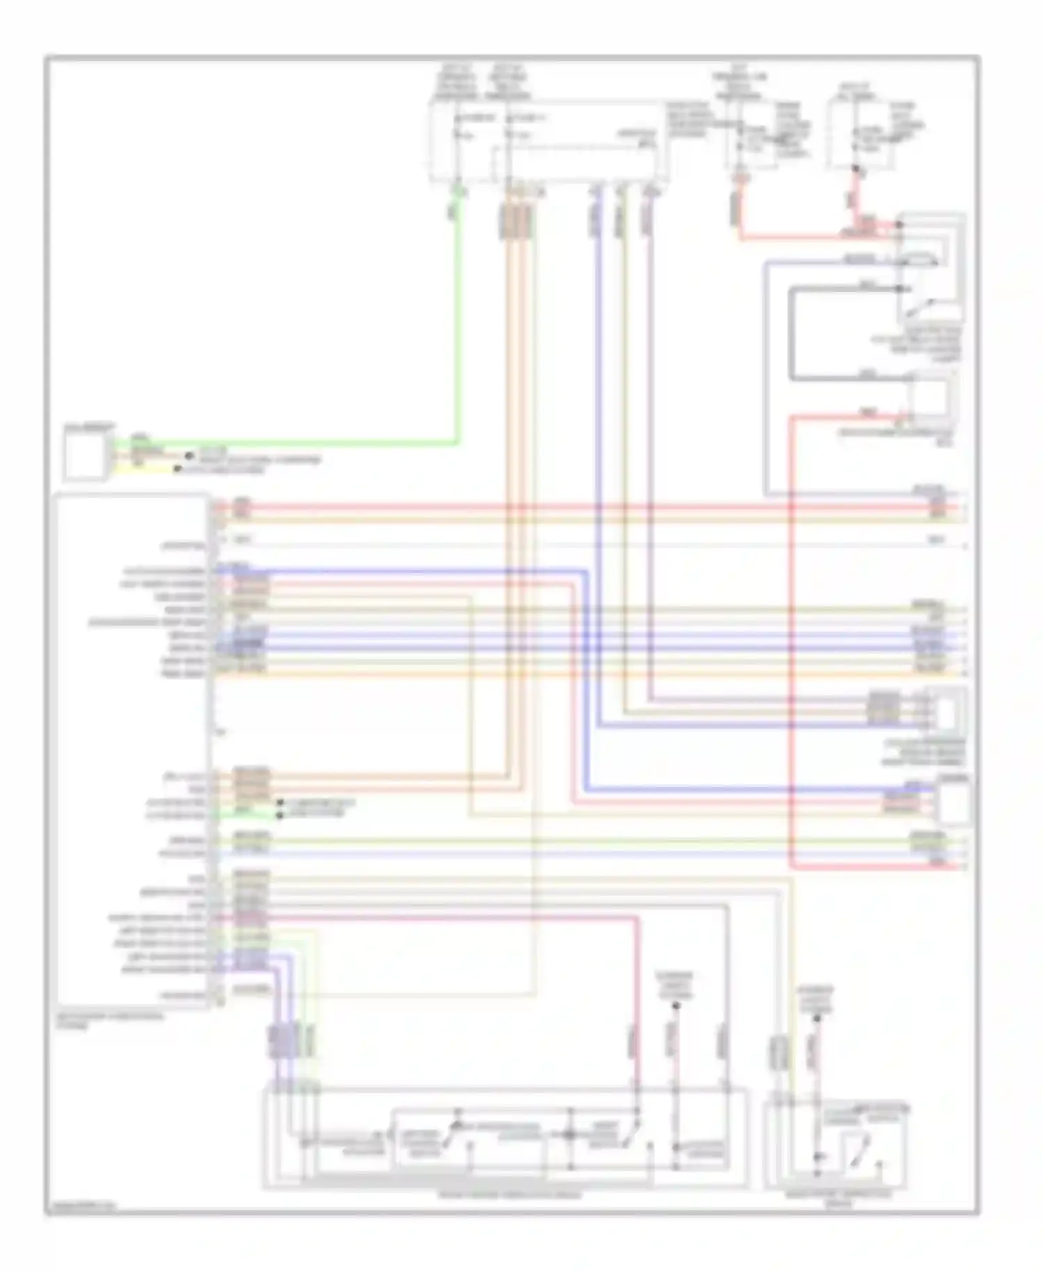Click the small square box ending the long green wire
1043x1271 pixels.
(86, 453)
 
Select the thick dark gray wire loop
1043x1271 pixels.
(791, 334)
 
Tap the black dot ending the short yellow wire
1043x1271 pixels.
(178, 469)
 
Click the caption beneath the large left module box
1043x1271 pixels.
(111, 1019)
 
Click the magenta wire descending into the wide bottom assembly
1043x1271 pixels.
(636, 1008)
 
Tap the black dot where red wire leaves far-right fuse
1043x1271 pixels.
(855, 169)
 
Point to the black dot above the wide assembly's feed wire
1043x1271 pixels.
(676, 1005)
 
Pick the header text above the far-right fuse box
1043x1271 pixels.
(857, 91)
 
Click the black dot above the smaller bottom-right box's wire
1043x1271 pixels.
(818, 1019)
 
